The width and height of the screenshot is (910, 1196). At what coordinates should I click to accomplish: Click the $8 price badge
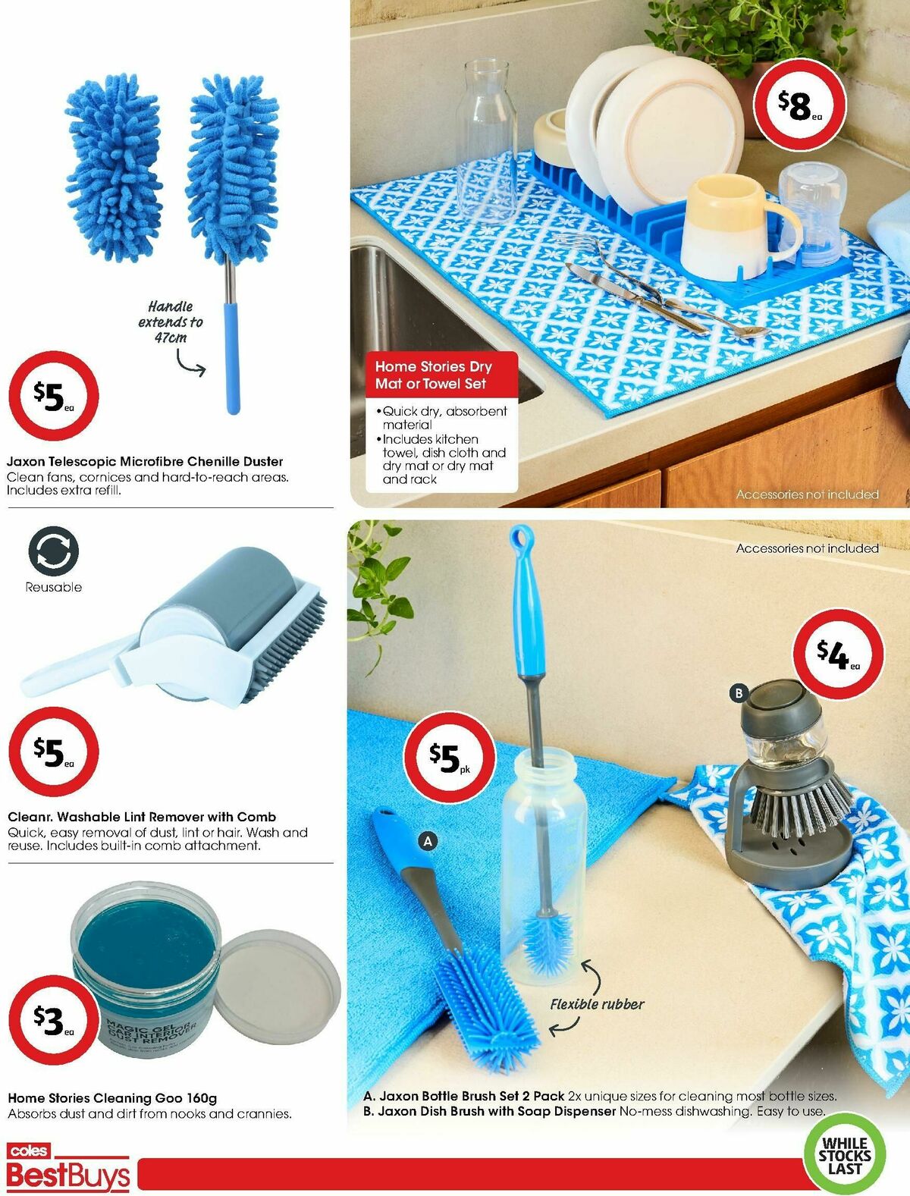coord(799,105)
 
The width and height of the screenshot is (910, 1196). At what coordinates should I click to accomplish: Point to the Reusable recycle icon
coord(53,551)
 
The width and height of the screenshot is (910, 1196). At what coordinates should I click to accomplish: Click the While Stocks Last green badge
coord(844,1155)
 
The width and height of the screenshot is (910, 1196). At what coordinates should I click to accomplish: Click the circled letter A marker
coord(428,840)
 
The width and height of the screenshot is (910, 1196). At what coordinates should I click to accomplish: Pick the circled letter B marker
coord(738,692)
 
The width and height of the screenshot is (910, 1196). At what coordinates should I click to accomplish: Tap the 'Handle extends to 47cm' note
coord(170,322)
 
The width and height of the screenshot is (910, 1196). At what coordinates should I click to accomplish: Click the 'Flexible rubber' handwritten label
coord(597,1004)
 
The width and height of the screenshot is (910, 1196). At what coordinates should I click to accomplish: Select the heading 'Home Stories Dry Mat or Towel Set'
coord(434,375)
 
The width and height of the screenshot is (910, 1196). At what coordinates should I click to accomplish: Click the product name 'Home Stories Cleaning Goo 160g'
coord(112,1097)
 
